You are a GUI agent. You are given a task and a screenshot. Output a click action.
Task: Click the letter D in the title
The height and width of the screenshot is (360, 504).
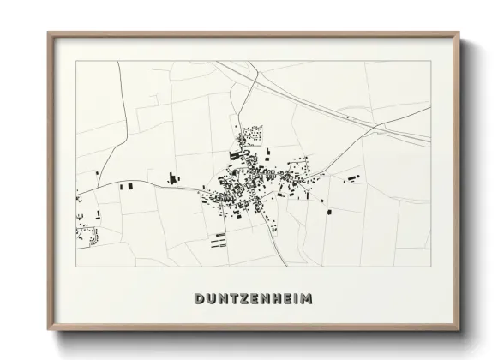200,299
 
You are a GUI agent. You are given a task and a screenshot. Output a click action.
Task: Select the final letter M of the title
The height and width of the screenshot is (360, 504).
307,299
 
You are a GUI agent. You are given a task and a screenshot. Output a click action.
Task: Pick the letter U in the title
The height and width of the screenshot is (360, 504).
212,299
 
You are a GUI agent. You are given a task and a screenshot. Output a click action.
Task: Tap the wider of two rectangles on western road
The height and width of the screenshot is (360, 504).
130,185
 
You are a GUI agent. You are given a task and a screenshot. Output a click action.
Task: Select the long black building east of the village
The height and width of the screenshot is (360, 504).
351,178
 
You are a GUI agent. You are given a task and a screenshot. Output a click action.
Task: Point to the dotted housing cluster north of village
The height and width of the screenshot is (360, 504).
251,134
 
